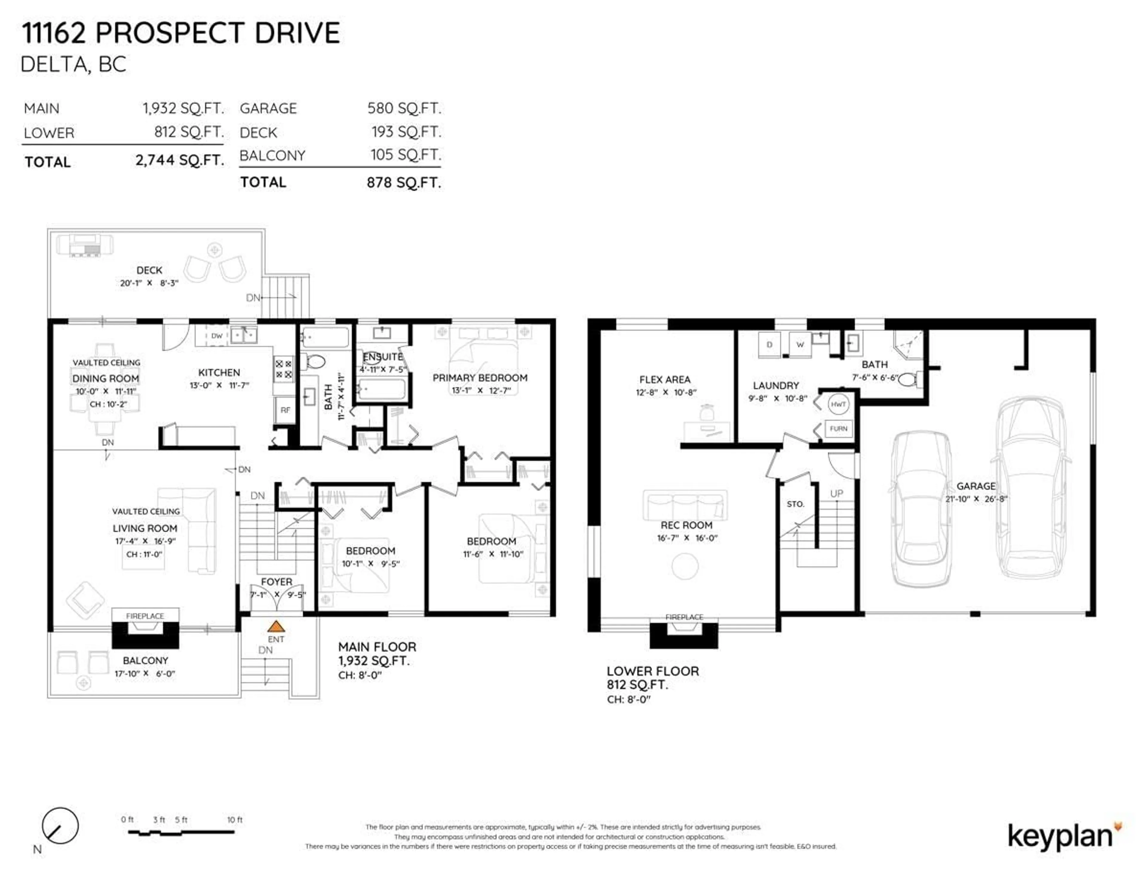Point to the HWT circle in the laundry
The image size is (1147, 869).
click(838, 404)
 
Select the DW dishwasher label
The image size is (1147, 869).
click(217, 336)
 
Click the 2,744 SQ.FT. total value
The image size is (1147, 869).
click(180, 160)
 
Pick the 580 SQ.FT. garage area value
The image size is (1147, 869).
click(404, 108)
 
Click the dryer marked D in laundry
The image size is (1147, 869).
click(769, 344)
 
